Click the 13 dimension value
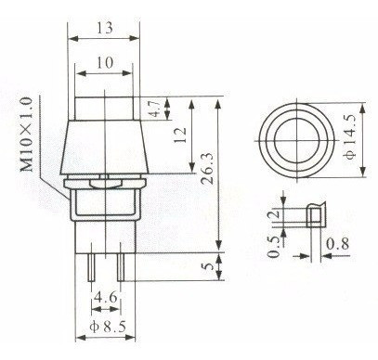(x=104, y=28)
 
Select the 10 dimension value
(x=105, y=63)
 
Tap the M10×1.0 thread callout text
(x=26, y=135)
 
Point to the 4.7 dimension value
(x=156, y=109)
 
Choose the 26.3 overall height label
(x=208, y=169)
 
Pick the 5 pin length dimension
(x=210, y=266)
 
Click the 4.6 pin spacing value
(x=106, y=298)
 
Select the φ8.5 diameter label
(x=108, y=327)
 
